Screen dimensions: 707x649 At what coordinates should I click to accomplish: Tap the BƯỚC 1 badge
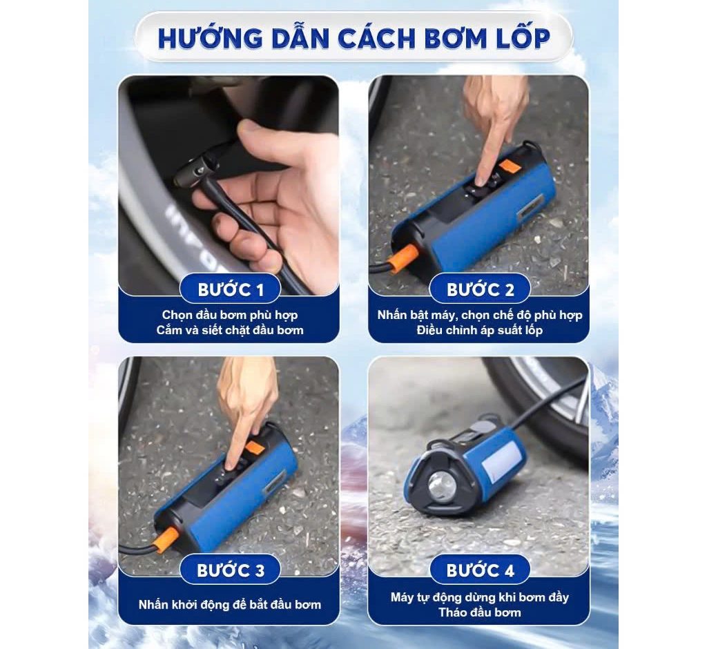(x=231, y=289)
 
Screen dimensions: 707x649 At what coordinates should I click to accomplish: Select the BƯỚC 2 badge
(x=480, y=289)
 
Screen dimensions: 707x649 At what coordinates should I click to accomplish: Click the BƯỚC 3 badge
(x=231, y=570)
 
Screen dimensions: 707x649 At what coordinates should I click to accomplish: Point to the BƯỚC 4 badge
(x=480, y=570)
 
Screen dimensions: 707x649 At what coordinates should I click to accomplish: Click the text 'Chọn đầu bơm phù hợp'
(x=230, y=315)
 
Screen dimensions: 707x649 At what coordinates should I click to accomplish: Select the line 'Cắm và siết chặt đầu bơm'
(x=230, y=330)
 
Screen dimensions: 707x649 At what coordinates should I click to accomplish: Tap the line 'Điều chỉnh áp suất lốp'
(x=480, y=330)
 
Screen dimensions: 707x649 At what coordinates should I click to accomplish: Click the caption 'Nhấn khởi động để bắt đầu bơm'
(x=230, y=605)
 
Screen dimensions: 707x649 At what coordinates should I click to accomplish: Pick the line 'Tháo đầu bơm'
(x=480, y=612)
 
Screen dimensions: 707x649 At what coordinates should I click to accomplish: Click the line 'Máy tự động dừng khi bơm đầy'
(x=480, y=597)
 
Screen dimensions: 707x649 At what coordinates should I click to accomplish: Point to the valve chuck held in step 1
(x=198, y=169)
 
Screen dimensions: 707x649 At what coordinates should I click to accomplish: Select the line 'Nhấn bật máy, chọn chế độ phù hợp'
(x=480, y=315)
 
